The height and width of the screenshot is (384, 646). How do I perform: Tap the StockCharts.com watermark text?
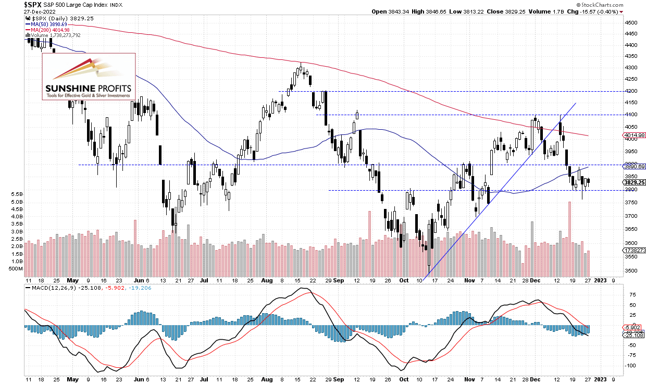point(620,4)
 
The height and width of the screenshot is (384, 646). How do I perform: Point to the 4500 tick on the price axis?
point(631,23)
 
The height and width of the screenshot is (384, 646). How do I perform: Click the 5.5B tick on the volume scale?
point(16,194)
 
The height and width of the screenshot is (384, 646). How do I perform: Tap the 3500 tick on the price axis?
point(631,271)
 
